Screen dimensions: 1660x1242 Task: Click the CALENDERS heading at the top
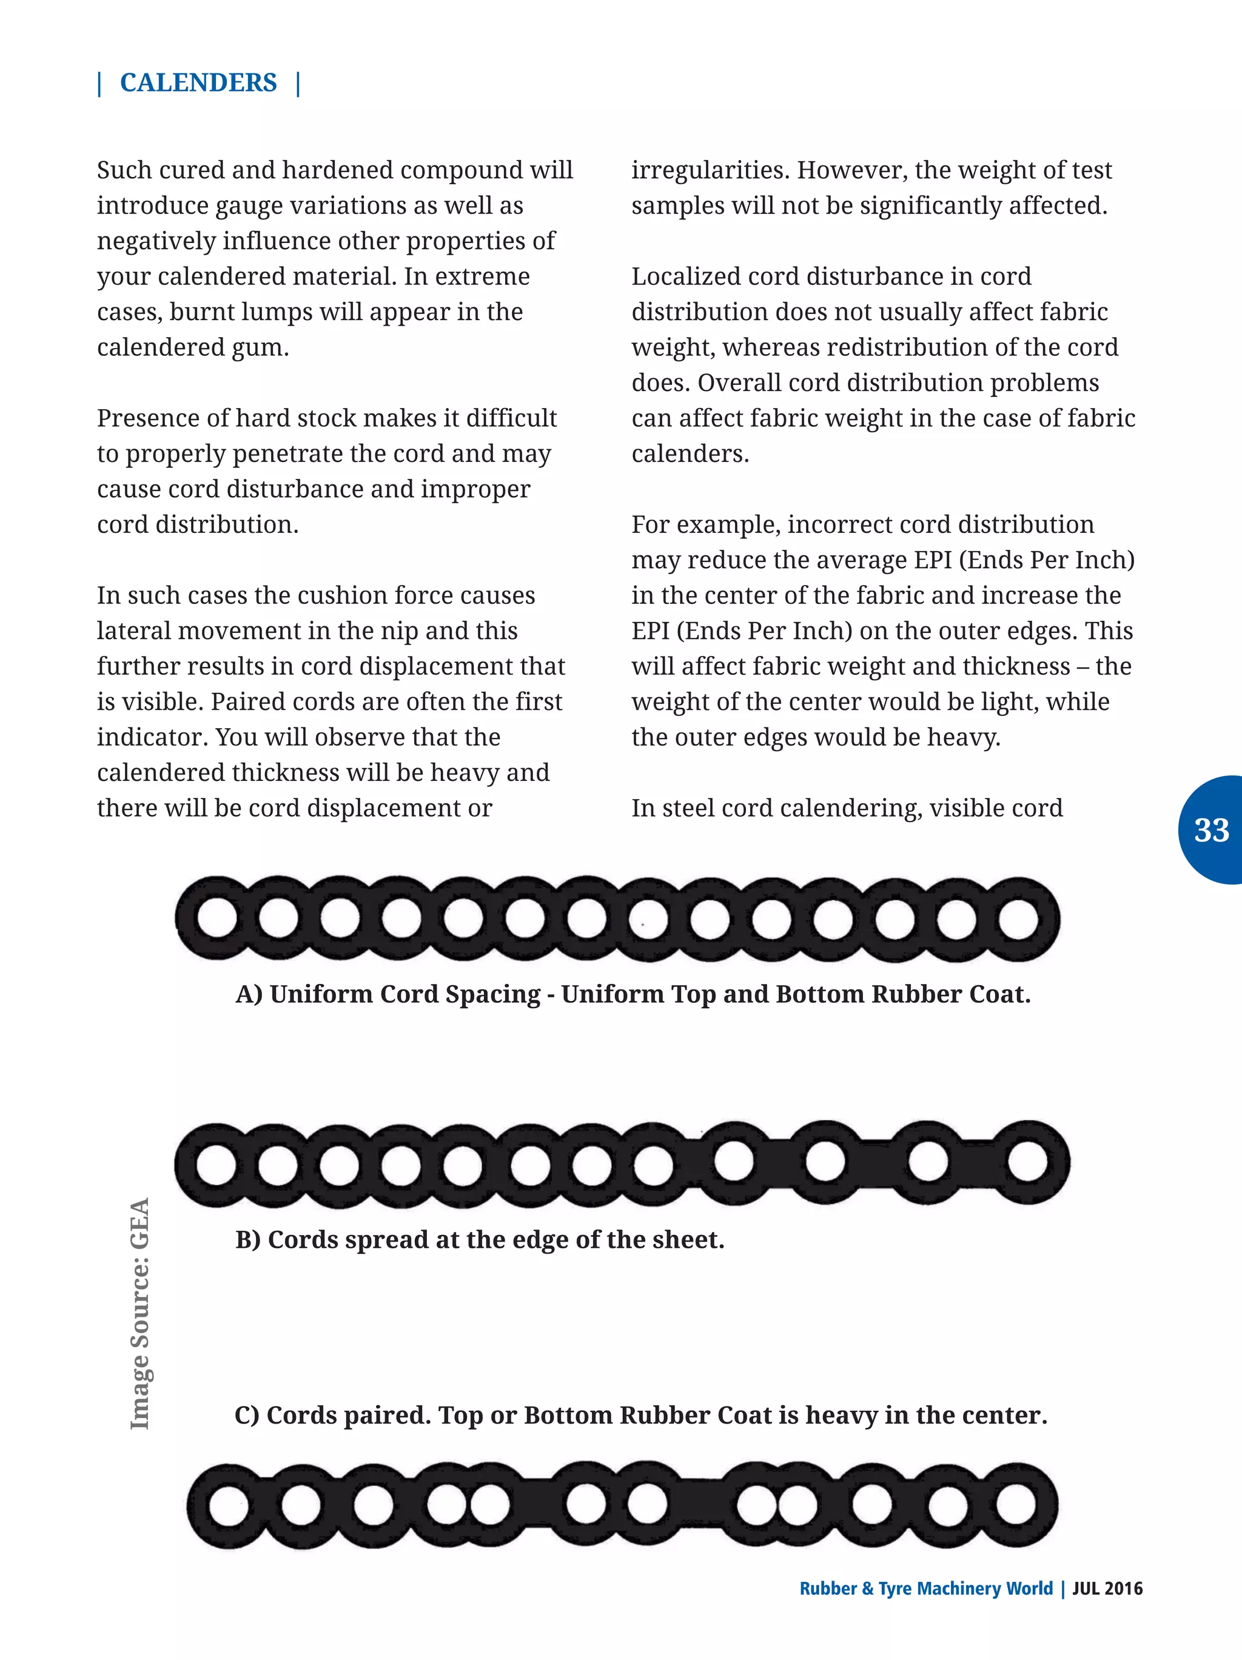pos(198,82)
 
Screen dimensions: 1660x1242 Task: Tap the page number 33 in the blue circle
pos(1210,830)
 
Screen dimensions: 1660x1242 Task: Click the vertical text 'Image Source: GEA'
pos(140,1313)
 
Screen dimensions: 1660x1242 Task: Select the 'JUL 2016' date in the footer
pos(1107,1588)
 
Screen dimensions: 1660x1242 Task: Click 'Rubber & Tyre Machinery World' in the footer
pos(925,1588)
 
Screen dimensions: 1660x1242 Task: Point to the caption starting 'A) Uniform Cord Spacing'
pos(633,994)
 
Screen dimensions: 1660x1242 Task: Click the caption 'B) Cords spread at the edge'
pos(480,1239)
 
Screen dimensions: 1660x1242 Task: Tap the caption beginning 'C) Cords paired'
pos(640,1414)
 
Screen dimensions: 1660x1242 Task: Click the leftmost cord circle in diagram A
pos(217,919)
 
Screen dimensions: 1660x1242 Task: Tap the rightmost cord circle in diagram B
pos(1027,1162)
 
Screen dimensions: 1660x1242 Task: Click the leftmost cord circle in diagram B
pos(217,1165)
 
